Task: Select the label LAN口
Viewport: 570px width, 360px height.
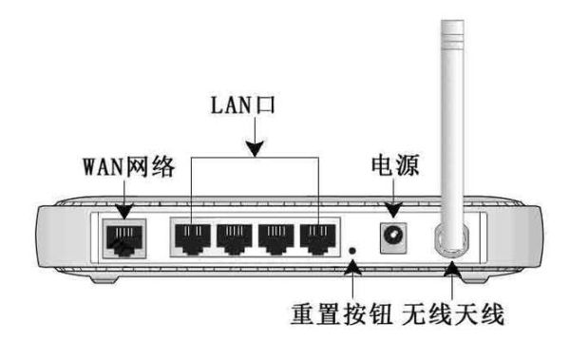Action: coord(255,106)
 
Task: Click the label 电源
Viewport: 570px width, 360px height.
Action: coord(392,168)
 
